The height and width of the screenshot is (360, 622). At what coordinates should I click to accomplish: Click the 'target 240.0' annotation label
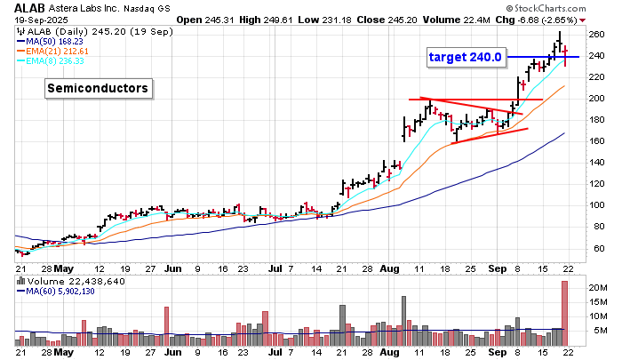pos(466,57)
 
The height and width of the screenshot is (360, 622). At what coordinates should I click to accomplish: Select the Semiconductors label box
pos(98,88)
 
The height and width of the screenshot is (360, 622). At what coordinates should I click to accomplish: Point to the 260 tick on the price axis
pos(595,35)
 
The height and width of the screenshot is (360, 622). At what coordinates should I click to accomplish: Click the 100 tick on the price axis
pos(595,205)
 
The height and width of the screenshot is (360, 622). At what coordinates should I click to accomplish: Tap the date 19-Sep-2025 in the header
pos(32,19)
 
